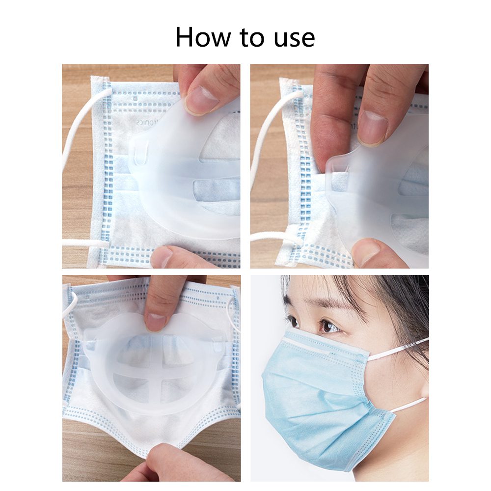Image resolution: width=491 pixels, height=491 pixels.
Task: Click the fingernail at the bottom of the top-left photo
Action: pos(163,257)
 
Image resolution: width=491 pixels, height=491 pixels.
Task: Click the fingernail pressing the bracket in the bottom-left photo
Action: pos(157,322)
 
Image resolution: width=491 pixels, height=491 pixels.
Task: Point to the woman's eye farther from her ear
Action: pos(293,321)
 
